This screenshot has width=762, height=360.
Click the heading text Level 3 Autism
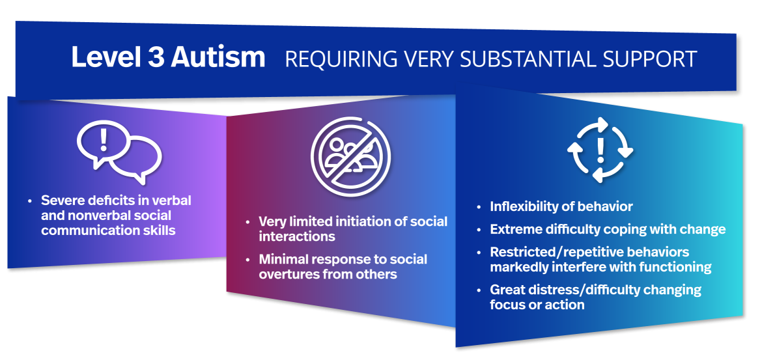[x=168, y=57]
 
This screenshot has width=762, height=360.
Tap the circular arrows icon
[x=600, y=150]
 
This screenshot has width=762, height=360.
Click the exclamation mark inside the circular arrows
[x=600, y=150]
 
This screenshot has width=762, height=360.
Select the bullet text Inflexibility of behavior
[x=561, y=206]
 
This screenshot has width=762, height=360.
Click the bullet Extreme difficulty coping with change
[x=608, y=229]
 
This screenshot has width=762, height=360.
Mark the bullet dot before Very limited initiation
[x=247, y=222]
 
